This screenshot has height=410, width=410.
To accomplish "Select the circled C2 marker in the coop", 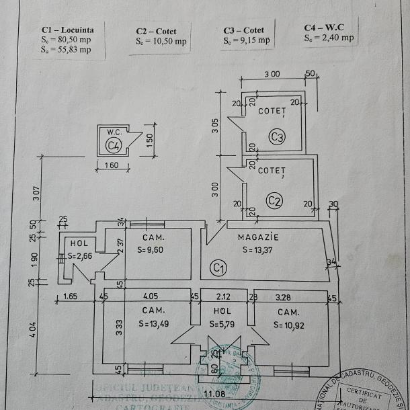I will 274,200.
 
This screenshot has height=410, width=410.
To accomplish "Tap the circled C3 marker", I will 277,137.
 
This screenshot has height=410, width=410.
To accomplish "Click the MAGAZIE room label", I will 258,237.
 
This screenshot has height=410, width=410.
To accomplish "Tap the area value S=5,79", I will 222,325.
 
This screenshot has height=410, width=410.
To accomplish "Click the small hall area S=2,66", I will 80,255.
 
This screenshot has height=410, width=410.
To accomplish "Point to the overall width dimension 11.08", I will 215,393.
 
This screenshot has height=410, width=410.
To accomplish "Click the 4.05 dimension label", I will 151,294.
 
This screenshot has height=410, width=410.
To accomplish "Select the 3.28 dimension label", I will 284,294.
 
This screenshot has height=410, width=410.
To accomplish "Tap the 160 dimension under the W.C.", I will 112,165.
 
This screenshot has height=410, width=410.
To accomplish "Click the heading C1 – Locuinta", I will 67,30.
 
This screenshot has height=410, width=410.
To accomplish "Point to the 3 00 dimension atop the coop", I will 272,74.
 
